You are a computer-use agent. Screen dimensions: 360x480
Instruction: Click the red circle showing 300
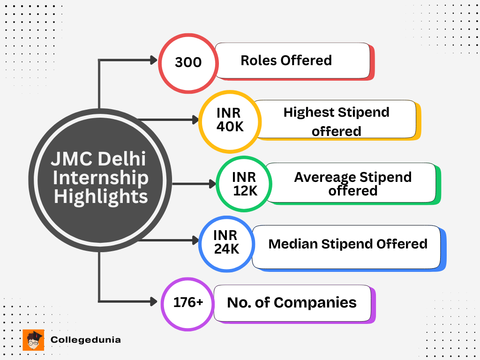188,62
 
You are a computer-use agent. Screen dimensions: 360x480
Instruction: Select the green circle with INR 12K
244,184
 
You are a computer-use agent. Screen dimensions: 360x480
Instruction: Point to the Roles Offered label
286,60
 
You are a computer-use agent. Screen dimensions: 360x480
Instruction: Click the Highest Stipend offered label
336,121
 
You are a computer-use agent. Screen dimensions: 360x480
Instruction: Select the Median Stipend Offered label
347,244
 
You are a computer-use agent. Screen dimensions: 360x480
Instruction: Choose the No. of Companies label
292,303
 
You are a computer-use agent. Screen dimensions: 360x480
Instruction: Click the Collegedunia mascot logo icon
33,340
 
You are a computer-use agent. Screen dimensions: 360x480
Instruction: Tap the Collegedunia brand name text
85,340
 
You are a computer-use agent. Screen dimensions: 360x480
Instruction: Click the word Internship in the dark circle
100,178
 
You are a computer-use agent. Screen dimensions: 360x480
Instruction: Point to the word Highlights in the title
101,196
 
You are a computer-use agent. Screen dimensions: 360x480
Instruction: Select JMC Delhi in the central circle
98,159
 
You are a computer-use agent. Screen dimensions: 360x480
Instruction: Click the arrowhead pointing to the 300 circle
153,60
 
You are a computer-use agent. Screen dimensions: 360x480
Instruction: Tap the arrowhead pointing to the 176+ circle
153,301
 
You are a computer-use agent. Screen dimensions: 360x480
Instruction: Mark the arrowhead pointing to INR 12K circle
211,184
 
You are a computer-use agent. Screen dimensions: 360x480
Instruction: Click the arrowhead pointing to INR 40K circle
195,120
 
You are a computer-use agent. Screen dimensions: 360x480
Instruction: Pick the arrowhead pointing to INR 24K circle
195,240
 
